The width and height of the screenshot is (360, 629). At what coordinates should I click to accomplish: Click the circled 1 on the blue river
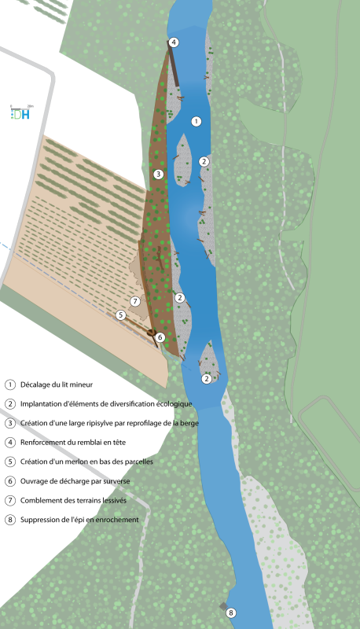point(196,121)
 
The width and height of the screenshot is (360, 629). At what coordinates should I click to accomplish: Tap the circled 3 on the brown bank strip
point(158,174)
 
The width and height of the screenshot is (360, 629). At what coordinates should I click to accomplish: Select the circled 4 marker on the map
point(173,42)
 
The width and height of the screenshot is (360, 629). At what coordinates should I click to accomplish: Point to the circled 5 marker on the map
point(121,315)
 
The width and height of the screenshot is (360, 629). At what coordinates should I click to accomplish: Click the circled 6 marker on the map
point(160,337)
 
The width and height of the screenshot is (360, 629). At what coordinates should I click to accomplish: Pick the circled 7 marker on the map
point(135,301)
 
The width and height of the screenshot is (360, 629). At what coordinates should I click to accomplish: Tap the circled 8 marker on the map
point(230,612)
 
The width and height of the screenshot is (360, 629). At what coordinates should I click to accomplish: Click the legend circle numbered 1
point(10,384)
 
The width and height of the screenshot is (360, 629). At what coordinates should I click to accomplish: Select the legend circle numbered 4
point(10,443)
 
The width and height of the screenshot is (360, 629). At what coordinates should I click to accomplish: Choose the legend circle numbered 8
point(10,520)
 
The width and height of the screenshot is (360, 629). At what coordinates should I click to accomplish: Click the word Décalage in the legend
point(34,384)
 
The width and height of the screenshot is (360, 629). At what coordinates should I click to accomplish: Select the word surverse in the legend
point(116,481)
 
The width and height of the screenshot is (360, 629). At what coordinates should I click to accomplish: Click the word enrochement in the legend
point(118,520)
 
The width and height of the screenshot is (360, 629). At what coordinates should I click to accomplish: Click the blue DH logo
point(21,114)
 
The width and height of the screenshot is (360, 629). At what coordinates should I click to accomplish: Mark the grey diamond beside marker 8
point(223,606)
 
